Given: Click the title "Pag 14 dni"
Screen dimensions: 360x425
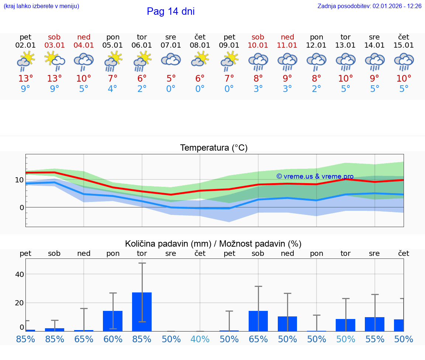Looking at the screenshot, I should coord(170,11).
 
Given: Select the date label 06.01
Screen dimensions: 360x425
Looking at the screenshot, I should coord(142,45).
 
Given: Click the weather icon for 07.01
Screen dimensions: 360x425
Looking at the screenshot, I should coord(171,60).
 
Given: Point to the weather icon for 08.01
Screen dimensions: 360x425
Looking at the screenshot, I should coord(200,60).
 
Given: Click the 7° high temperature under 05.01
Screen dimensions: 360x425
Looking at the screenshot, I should coord(113,78).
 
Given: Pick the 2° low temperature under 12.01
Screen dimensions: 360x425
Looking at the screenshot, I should coord(317,89).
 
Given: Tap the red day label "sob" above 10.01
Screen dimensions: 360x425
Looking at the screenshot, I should coord(258,37).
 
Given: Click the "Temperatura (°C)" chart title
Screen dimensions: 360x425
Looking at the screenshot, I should coord(214,148).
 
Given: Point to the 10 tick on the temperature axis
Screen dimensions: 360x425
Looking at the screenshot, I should coord(20,180).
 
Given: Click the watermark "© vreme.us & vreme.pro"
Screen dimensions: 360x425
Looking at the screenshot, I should coord(315,176).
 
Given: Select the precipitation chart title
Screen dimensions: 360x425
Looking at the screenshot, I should coord(213,244).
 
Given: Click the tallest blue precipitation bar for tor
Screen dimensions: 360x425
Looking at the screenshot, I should coord(142,312).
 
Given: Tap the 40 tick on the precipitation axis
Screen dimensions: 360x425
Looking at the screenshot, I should coord(20,274).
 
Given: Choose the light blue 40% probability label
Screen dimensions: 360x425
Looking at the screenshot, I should coord(200,339).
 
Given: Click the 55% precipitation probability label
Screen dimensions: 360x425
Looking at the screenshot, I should coord(375,339).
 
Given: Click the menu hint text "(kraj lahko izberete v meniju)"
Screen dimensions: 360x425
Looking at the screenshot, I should coord(41,6).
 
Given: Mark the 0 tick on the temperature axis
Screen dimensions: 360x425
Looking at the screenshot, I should coord(21,208).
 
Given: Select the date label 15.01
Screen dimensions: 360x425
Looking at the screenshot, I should coord(404,45).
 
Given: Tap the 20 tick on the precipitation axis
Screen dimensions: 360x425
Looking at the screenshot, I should coord(20,303).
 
